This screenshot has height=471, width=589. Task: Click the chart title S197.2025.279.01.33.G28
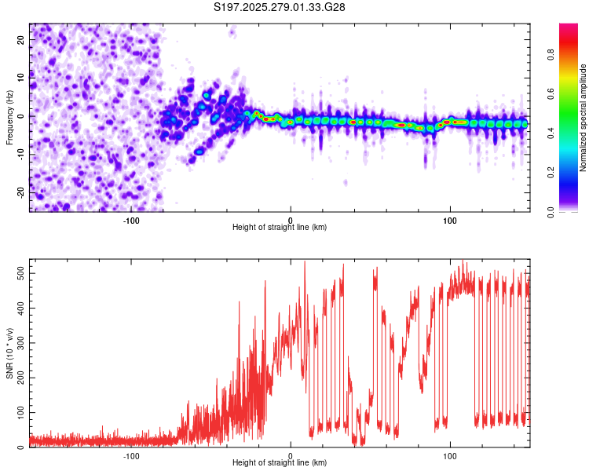[280, 7]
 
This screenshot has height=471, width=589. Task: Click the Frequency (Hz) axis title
[10, 118]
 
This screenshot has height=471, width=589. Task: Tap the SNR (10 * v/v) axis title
[10, 353]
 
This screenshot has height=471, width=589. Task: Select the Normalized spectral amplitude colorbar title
[584, 118]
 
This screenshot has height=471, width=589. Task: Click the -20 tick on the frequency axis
[20, 192]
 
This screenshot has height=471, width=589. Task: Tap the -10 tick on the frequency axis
[20, 154]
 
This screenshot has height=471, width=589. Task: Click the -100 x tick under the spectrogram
[131, 220]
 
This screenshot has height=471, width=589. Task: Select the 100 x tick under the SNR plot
[450, 455]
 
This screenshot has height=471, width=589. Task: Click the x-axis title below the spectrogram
[280, 228]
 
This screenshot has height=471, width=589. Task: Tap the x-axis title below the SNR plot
[280, 463]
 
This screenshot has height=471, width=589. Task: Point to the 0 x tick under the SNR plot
[291, 455]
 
